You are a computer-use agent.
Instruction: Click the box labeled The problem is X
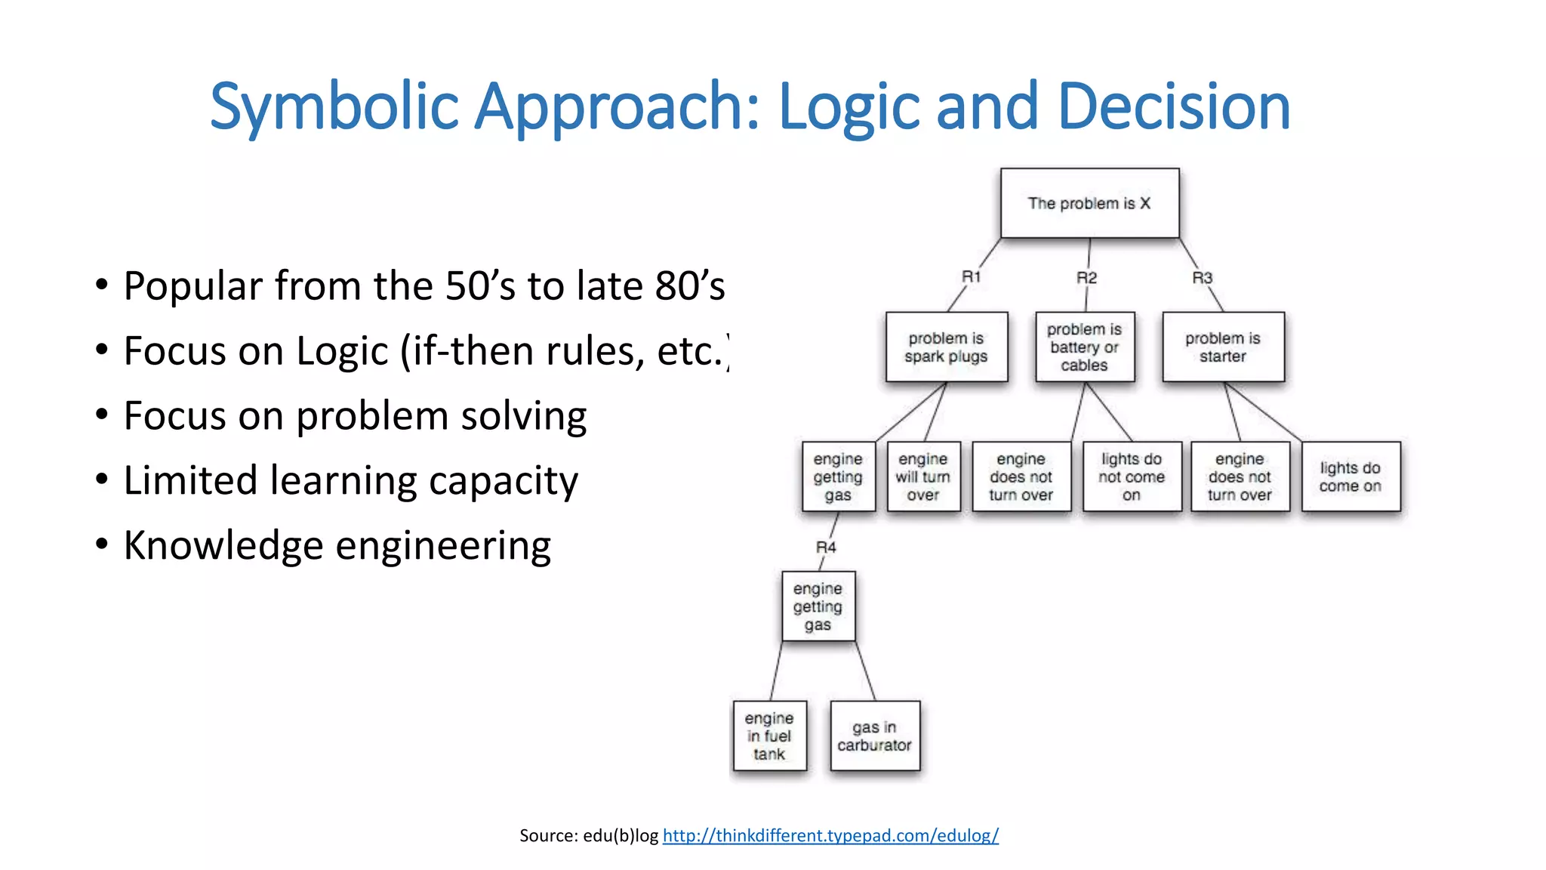(x=1089, y=203)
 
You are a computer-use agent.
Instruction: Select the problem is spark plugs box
(x=947, y=347)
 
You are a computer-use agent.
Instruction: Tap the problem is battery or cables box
(x=1085, y=347)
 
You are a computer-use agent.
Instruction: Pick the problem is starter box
(x=1223, y=347)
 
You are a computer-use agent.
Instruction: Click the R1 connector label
(x=972, y=277)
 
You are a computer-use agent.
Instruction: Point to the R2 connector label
(x=1086, y=278)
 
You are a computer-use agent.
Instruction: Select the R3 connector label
(x=1203, y=278)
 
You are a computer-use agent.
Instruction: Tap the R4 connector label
(x=826, y=548)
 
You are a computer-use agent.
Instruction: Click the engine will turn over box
(x=923, y=477)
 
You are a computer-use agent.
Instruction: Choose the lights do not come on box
(x=1132, y=477)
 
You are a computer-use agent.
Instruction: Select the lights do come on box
(x=1350, y=477)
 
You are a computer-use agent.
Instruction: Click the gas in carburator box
(x=874, y=736)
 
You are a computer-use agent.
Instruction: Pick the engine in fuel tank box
(x=769, y=736)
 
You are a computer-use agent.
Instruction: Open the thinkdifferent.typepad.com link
(x=830, y=835)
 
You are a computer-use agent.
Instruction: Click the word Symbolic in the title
(x=334, y=106)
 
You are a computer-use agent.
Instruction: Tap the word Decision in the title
(x=1174, y=106)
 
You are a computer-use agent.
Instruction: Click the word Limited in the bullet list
(x=190, y=480)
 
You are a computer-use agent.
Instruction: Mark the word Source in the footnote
(x=548, y=835)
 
